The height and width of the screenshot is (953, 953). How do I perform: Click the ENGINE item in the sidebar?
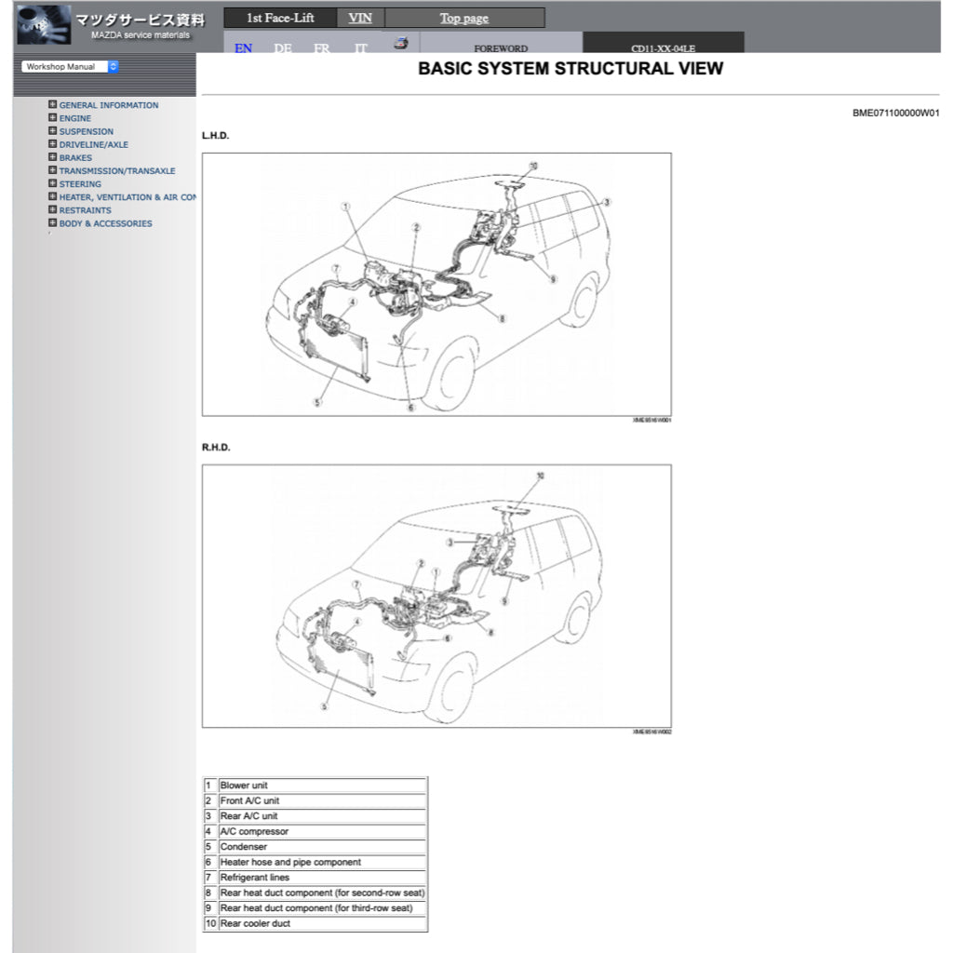[x=75, y=118]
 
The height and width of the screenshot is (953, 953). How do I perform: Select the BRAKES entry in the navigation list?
[x=75, y=157]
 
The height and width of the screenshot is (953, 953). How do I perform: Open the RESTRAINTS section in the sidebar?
[x=85, y=210]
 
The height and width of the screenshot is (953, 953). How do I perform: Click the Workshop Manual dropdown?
[x=71, y=67]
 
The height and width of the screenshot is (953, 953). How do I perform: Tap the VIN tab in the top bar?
[x=360, y=18]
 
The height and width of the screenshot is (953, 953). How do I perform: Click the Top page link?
[x=463, y=18]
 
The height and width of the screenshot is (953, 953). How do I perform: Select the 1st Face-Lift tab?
[x=280, y=18]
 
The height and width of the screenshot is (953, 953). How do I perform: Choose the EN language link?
[x=243, y=48]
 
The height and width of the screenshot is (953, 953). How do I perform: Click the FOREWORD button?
[x=501, y=48]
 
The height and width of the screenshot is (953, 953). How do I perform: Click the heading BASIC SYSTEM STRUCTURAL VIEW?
[x=570, y=69]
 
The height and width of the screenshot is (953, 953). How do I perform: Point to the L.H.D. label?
[x=216, y=136]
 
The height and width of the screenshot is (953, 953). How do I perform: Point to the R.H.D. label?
[x=216, y=448]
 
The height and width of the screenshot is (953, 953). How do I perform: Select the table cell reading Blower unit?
[x=244, y=785]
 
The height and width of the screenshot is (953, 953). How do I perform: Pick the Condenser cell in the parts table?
[x=244, y=847]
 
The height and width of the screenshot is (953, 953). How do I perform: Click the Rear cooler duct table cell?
[x=255, y=923]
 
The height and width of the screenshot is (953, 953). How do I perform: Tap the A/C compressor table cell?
[x=254, y=831]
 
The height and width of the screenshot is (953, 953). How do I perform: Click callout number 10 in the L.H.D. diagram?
[x=533, y=166]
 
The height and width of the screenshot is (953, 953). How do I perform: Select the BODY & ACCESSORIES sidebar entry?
[x=105, y=223]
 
